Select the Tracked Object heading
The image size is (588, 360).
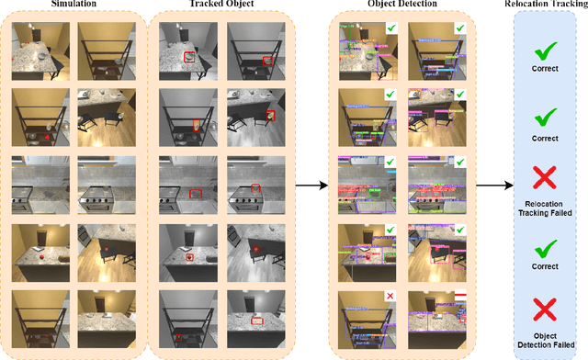coord(220,6)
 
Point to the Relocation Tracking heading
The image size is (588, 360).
coord(548,6)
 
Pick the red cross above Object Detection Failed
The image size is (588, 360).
coord(547,304)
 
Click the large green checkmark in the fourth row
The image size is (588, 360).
coord(547,244)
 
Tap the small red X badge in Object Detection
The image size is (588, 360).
coord(390,296)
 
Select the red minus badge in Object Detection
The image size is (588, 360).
coord(459,296)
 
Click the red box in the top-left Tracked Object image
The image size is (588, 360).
coord(190,57)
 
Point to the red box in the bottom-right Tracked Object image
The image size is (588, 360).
coord(258,320)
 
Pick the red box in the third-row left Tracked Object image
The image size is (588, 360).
coord(195,194)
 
